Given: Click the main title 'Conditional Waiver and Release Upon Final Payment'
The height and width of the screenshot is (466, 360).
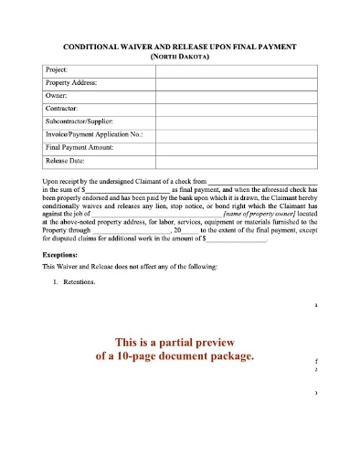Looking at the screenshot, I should pyautogui.click(x=179, y=45).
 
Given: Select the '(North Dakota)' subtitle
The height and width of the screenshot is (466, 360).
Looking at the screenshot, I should pyautogui.click(x=179, y=55).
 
